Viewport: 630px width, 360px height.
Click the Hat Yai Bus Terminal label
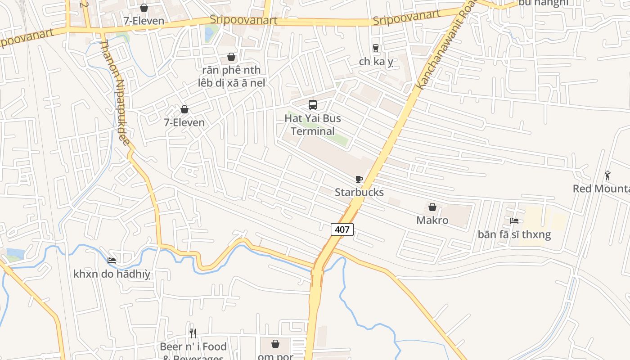click(313, 125)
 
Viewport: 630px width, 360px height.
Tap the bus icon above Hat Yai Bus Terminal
click(313, 105)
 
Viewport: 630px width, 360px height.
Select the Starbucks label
click(359, 192)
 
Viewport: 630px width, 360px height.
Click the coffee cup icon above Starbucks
click(359, 179)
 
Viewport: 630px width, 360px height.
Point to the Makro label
click(432, 220)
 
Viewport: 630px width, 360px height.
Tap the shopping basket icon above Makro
click(432, 207)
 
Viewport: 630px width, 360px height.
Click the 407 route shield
click(342, 229)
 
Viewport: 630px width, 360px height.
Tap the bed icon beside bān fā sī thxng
click(514, 220)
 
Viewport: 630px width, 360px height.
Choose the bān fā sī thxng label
click(514, 234)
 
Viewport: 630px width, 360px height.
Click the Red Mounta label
click(601, 189)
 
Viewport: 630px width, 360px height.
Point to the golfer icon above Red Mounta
click(607, 175)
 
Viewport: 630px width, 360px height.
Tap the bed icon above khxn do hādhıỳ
click(112, 260)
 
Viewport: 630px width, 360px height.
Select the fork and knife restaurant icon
click(193, 333)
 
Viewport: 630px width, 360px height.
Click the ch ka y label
click(376, 61)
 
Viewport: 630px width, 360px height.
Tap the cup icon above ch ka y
click(376, 48)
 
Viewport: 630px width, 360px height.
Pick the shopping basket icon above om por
click(275, 344)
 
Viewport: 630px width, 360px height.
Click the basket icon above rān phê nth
click(231, 57)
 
